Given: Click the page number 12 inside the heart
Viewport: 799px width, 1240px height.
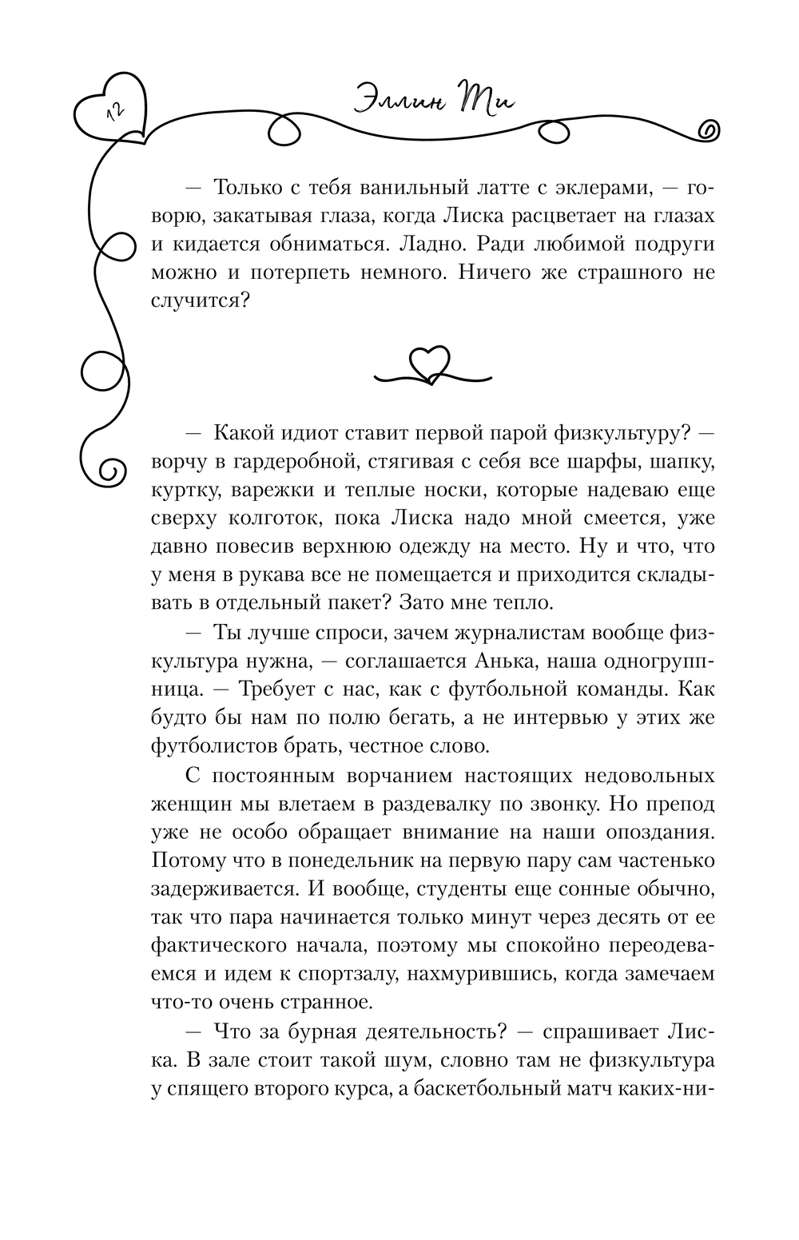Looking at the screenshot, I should click(113, 113).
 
